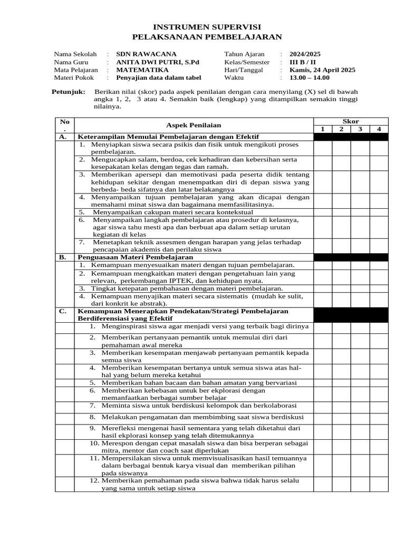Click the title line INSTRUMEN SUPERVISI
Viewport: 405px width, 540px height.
pos(207,27)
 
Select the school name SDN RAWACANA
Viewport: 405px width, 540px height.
pos(146,54)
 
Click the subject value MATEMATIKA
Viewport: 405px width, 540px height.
pos(142,70)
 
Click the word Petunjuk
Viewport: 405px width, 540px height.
pos(68,92)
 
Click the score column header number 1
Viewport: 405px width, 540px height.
pos(322,129)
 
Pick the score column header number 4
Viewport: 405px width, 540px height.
pos(379,129)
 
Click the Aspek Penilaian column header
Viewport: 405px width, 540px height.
pos(194,125)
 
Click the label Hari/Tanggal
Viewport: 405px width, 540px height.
pos(244,70)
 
